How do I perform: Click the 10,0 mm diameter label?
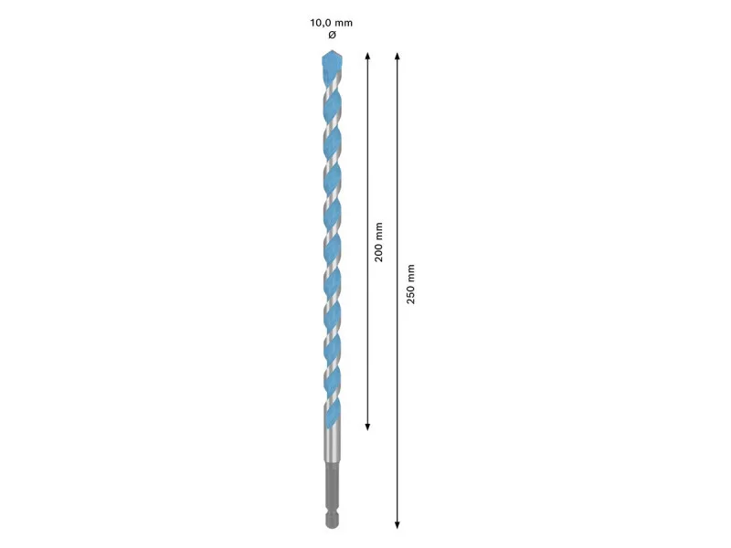pos(332,23)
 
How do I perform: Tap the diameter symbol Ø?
pos(332,35)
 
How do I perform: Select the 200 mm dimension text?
pos(378,242)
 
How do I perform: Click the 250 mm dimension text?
pos(410,284)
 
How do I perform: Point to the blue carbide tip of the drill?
pos(332,63)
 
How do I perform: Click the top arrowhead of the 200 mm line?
pos(367,56)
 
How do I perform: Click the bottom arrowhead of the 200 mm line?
pos(367,427)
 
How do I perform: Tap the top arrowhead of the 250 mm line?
pos(397,57)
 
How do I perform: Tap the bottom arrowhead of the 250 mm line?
pos(397,524)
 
